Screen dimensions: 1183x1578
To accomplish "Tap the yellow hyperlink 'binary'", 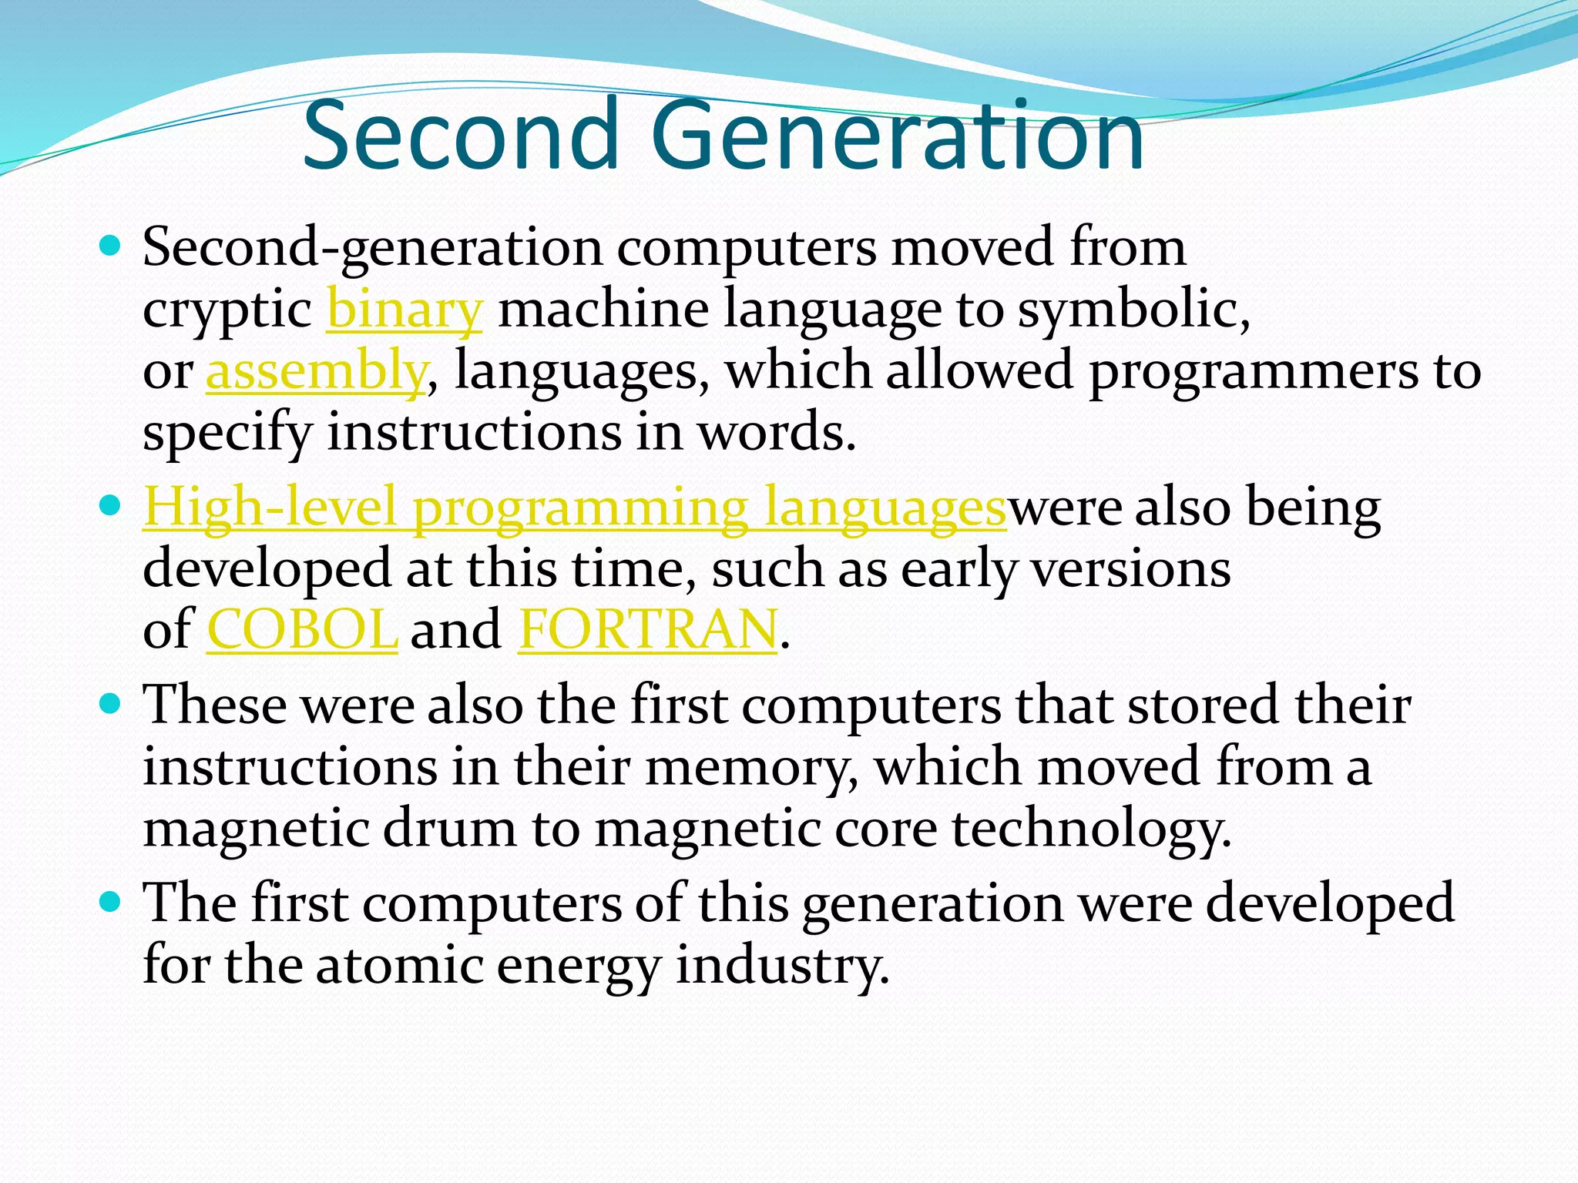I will [x=405, y=309].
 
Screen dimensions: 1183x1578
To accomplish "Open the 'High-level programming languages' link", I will [x=575, y=508].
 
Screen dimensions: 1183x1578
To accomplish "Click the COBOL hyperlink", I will [x=302, y=629].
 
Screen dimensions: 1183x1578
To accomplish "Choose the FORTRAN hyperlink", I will [x=647, y=629].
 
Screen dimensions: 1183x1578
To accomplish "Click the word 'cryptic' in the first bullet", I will [x=227, y=310].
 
